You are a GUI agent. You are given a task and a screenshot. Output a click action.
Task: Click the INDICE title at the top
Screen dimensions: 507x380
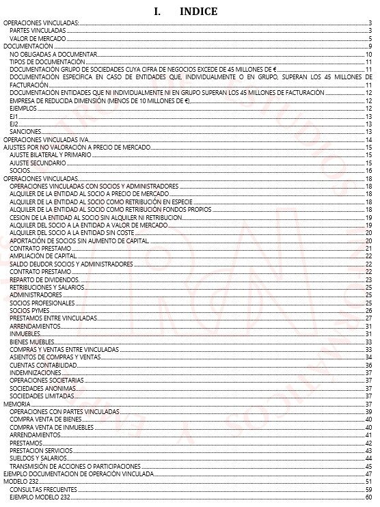click(x=186, y=12)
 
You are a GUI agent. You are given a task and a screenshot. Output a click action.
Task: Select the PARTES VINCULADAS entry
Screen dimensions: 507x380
click(x=38, y=31)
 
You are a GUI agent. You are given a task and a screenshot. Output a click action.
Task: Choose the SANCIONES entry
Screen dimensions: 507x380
click(x=26, y=131)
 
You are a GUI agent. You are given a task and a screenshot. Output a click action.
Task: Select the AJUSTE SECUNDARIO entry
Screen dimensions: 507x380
click(x=38, y=163)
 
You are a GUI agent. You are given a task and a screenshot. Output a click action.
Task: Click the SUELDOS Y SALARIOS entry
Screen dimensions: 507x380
click(x=39, y=458)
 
